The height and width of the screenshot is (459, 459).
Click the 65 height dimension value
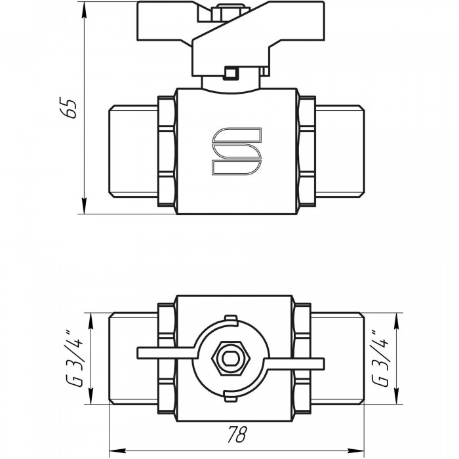68,108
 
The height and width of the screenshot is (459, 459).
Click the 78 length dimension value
237,434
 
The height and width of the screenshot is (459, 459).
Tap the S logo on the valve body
237,151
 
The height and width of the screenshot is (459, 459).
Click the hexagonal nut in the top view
231,358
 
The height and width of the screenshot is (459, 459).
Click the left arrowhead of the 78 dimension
117,450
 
